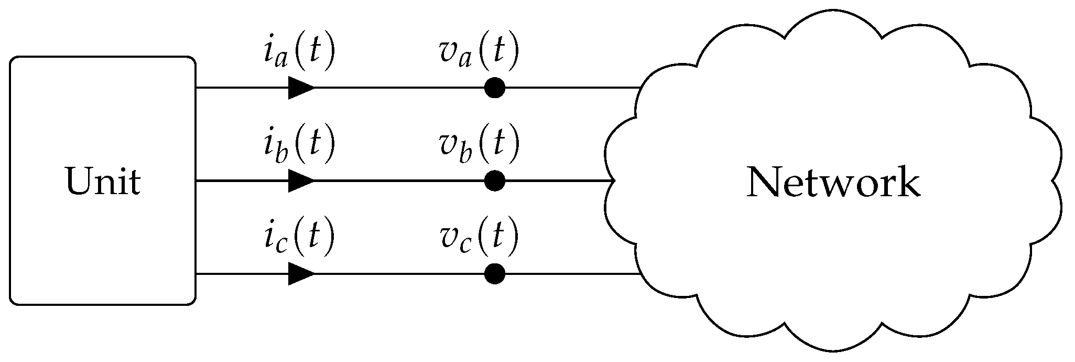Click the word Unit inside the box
click(x=103, y=182)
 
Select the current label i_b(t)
click(x=298, y=144)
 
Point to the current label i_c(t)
click(x=298, y=237)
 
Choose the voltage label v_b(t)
click(x=478, y=144)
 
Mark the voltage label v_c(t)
click(x=478, y=237)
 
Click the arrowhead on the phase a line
click(x=301, y=88)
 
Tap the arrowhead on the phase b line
click(x=301, y=180)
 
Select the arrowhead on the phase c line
click(x=301, y=273)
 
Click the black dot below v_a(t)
click(x=494, y=88)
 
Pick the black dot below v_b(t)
click(x=494, y=180)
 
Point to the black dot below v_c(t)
click(x=494, y=273)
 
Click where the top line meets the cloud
click(x=639, y=88)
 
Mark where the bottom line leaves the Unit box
click(x=196, y=273)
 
